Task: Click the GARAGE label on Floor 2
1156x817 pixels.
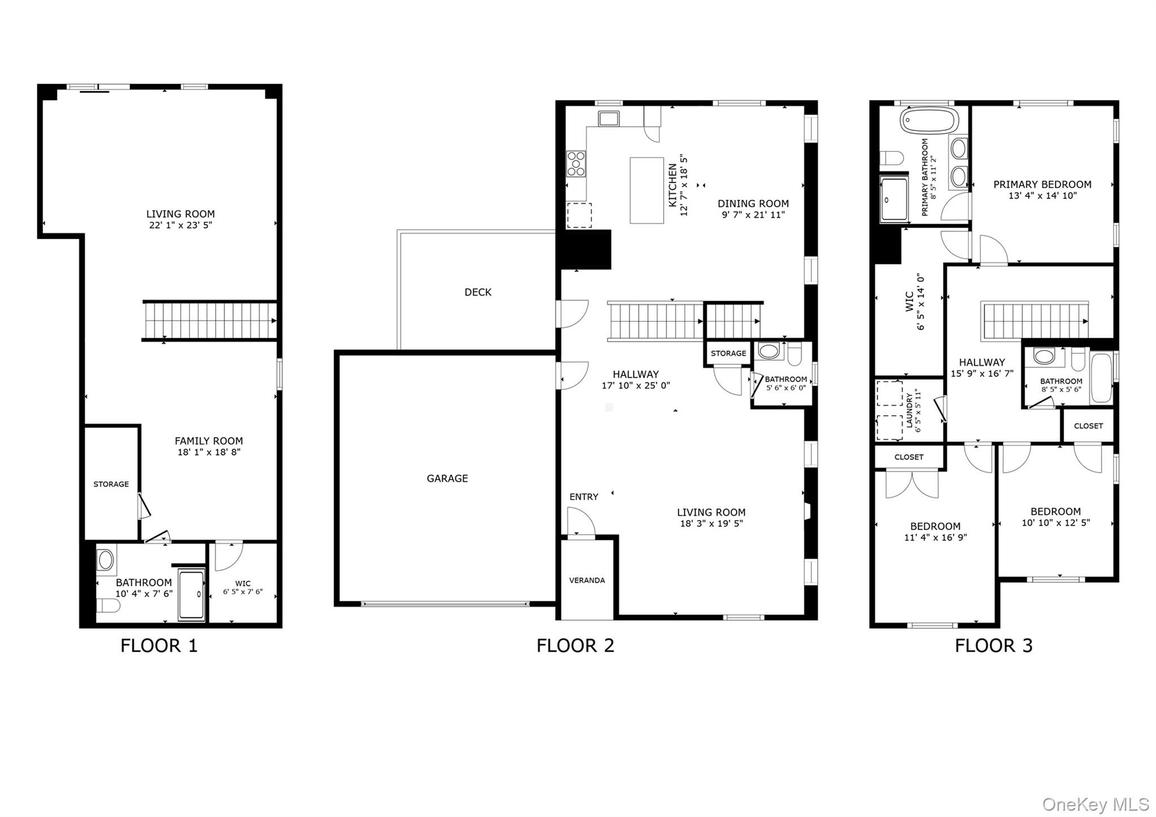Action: click(x=447, y=478)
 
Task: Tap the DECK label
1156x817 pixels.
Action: click(x=478, y=292)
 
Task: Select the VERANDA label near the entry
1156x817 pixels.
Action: click(x=587, y=580)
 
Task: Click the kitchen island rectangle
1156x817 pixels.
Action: click(x=647, y=190)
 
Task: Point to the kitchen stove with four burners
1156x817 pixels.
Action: click(x=576, y=164)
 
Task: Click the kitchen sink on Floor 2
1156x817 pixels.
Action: click(x=609, y=119)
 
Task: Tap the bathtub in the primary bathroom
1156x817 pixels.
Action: click(x=929, y=120)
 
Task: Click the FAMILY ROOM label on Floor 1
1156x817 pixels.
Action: click(x=209, y=441)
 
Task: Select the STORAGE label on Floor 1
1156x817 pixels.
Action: click(x=111, y=484)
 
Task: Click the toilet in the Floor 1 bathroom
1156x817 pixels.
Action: click(x=108, y=606)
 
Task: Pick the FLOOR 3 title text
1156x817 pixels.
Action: click(x=993, y=645)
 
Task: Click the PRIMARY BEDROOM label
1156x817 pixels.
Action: click(x=1043, y=185)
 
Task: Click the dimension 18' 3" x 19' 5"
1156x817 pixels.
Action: click(x=711, y=523)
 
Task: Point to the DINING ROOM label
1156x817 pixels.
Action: click(x=754, y=204)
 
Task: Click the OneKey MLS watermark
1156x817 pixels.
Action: click(x=1096, y=804)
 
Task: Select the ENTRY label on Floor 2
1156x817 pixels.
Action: click(x=584, y=497)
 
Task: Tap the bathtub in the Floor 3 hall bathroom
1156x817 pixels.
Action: click(x=1101, y=378)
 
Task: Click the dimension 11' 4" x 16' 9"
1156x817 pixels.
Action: click(x=935, y=538)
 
